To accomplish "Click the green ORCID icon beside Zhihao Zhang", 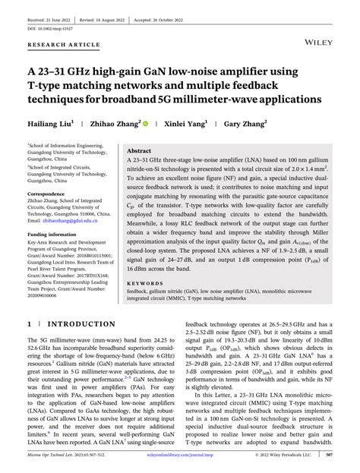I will click(147, 122).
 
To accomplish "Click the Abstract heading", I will click(141, 151).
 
